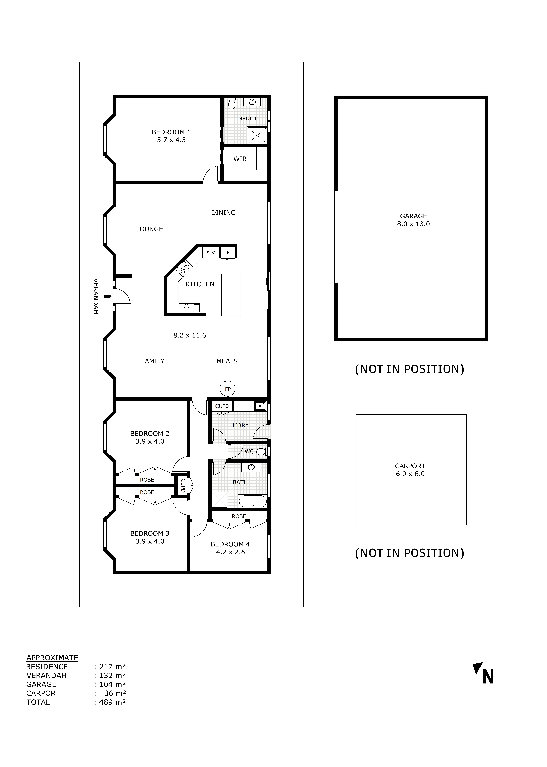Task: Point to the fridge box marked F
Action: click(228, 253)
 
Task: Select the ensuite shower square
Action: click(257, 135)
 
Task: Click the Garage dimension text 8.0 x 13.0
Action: click(413, 224)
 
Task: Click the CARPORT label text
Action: click(410, 466)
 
